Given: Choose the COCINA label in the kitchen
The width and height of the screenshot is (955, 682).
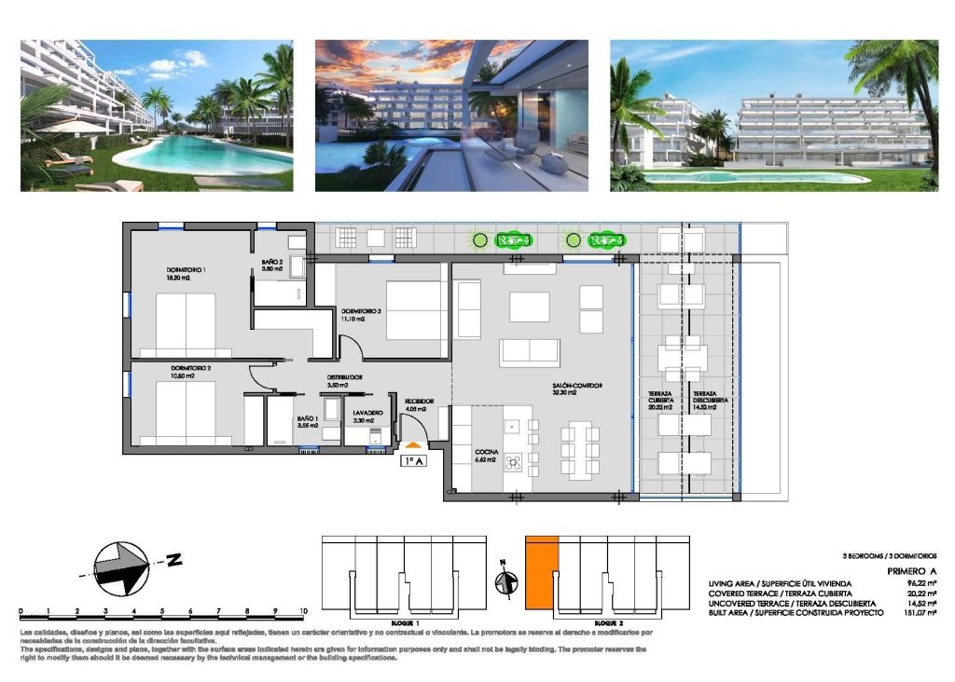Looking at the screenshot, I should [487, 452].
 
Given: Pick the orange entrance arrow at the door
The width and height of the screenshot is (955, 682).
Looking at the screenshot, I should [413, 445].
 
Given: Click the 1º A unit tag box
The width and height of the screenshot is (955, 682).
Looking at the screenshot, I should [413, 459].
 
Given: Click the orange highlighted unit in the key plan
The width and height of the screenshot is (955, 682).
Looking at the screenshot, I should [541, 573].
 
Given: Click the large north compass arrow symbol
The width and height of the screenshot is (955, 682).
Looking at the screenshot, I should [121, 567].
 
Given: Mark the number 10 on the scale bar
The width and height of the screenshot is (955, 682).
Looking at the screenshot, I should [304, 611].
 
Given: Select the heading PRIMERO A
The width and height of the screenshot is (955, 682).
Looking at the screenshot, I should [910, 572].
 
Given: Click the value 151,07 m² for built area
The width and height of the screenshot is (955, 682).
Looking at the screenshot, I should [916, 612].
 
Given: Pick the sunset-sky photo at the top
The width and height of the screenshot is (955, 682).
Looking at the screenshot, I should [451, 116].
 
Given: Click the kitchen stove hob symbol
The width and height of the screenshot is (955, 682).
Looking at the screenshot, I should [512, 463].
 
